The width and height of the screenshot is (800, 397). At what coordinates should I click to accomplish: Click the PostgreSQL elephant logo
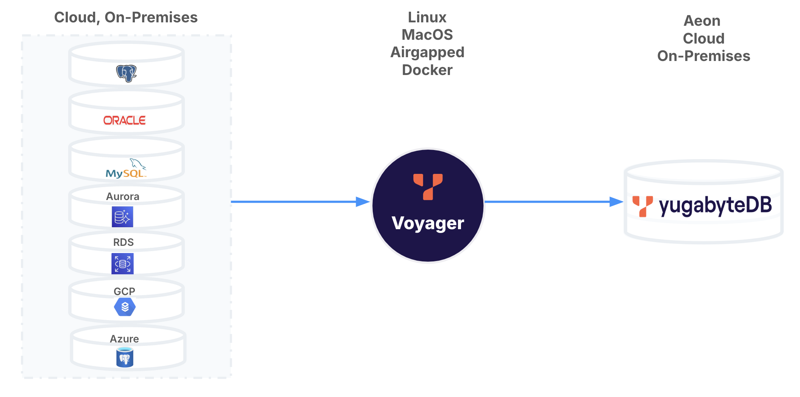click(x=126, y=73)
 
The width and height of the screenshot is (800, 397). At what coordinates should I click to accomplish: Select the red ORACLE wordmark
click(x=125, y=120)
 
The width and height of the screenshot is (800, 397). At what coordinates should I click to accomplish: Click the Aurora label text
click(x=123, y=196)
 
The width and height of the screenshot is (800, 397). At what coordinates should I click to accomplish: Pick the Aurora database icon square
click(x=122, y=217)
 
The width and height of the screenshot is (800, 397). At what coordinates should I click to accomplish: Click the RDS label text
click(x=123, y=242)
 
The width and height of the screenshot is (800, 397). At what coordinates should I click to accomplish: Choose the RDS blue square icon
click(x=122, y=264)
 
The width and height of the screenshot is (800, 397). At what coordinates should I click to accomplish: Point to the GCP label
click(x=124, y=291)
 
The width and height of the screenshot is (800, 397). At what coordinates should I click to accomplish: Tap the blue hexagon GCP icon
click(x=125, y=307)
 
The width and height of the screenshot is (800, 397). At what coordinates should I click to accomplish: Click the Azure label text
click(x=124, y=339)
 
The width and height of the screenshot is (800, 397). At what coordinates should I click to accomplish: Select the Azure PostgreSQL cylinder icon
click(x=125, y=358)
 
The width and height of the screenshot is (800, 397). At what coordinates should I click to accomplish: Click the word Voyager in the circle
click(x=428, y=223)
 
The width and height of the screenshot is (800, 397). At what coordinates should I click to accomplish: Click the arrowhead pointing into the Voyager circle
click(x=362, y=202)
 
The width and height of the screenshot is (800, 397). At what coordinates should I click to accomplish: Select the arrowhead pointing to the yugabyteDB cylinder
click(x=616, y=202)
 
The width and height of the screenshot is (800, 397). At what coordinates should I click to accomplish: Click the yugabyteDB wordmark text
click(x=715, y=206)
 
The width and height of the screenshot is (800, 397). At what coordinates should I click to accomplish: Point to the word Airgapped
click(x=427, y=52)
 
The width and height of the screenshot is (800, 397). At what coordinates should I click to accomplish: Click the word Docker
click(x=427, y=70)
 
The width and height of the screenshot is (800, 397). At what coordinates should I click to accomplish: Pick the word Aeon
click(x=702, y=21)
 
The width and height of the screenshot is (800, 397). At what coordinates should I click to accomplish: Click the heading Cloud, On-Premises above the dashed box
click(x=126, y=17)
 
